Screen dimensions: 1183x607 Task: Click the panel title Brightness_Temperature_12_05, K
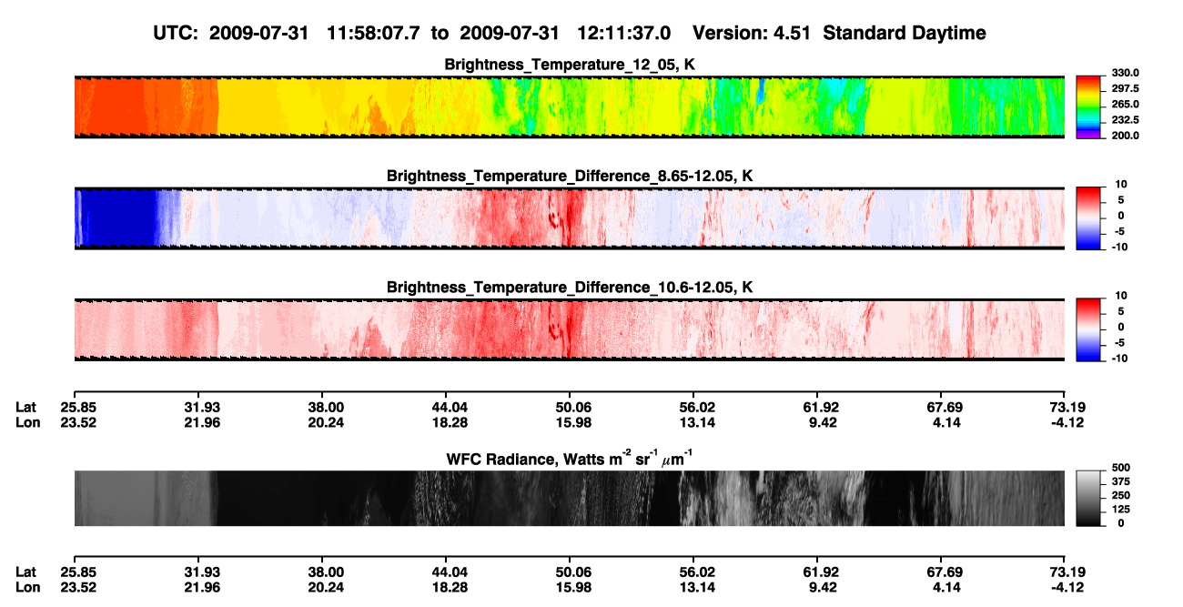tap(570, 65)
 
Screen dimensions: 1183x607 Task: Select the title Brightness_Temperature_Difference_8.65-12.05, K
tap(570, 176)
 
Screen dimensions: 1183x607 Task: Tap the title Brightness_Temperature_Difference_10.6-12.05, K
tap(570, 288)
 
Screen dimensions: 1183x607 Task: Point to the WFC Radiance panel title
tap(570, 458)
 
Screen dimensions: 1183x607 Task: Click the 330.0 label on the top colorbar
tap(1125, 73)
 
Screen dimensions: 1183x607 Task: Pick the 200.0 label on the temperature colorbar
tap(1125, 136)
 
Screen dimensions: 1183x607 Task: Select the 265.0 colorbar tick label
tap(1125, 104)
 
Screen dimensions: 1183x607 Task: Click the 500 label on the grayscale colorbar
tap(1121, 468)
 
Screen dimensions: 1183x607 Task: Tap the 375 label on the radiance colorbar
tap(1121, 481)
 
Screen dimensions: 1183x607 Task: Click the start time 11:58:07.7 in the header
tap(373, 34)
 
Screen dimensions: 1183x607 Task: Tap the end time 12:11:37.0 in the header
tap(623, 34)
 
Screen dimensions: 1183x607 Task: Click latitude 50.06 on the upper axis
tap(573, 408)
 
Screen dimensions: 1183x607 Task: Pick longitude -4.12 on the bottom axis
tap(1067, 587)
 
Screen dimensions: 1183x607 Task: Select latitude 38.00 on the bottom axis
tap(326, 572)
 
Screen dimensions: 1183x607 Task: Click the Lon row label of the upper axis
tap(27, 422)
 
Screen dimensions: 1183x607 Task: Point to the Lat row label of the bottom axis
tap(25, 572)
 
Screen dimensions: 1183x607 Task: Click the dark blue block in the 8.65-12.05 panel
tap(120, 218)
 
